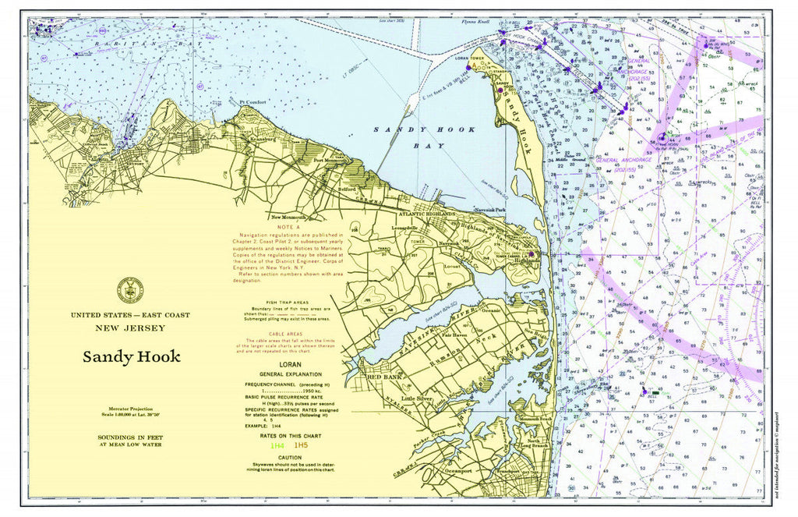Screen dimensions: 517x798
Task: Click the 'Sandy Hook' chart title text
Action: point(132,357)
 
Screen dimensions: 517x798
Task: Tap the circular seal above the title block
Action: point(130,289)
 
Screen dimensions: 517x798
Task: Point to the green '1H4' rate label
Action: point(277,445)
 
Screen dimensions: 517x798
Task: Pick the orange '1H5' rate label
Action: point(301,445)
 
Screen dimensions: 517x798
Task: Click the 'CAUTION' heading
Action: point(289,458)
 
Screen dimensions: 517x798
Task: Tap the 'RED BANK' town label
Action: point(383,377)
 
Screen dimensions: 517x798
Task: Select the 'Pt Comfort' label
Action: point(254,102)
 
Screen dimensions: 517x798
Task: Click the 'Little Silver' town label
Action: point(416,398)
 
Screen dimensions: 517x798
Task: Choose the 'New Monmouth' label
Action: point(288,217)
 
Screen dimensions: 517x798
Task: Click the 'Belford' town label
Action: point(347,189)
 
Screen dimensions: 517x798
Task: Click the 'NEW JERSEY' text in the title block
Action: point(130,328)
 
